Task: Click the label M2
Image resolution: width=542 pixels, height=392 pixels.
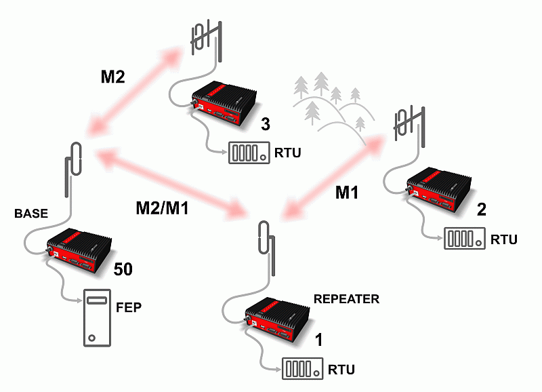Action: pos(113,77)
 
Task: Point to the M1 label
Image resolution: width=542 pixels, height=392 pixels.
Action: pos(347,193)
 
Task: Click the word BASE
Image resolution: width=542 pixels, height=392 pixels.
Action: pos(31,214)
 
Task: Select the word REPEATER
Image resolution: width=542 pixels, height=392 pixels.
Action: pos(346,298)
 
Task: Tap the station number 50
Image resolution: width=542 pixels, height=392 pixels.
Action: pos(123,269)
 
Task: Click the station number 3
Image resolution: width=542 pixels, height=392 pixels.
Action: pos(266,125)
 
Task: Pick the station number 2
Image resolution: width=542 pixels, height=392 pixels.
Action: pos(481,210)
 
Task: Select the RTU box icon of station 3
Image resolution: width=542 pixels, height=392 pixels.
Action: pos(246,153)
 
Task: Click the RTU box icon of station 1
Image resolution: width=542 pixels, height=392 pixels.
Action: pos(301,370)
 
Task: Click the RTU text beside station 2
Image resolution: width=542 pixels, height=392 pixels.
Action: pos(504,239)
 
